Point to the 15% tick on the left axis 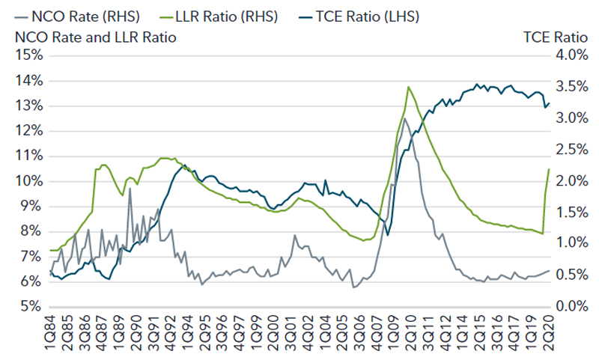pyautogui.click(x=27, y=55)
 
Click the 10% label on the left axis pyautogui.click(x=27, y=181)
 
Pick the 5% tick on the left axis pyautogui.click(x=30, y=306)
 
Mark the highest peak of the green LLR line pyautogui.click(x=409, y=87)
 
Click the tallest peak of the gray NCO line pyautogui.click(x=404, y=118)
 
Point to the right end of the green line pyautogui.click(x=549, y=169)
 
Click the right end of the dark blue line pyautogui.click(x=549, y=103)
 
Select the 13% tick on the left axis pyautogui.click(x=27, y=106)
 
